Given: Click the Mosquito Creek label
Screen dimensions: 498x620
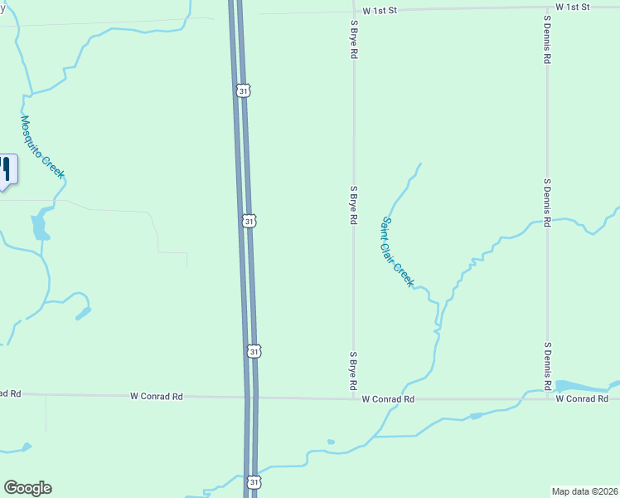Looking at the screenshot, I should click(x=42, y=147).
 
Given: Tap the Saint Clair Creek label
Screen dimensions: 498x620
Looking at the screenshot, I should click(x=397, y=252).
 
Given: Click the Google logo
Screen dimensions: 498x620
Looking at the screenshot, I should click(x=27, y=488).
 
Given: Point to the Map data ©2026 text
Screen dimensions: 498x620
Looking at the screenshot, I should click(x=584, y=491).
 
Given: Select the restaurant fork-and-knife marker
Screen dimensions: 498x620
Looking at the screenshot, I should click(x=5, y=169).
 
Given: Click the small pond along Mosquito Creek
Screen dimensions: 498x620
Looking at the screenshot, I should click(x=39, y=225).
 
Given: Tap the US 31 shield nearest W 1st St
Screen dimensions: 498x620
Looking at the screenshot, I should click(x=242, y=90).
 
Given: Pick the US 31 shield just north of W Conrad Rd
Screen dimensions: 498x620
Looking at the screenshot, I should click(x=254, y=352).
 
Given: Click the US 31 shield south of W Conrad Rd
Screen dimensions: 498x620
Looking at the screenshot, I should click(x=253, y=481).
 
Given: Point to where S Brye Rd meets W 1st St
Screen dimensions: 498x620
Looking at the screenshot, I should click(x=354, y=10).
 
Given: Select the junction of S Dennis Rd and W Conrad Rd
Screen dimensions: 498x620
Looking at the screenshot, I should click(x=548, y=399).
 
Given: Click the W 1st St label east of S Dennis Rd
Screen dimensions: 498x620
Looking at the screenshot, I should click(x=572, y=7).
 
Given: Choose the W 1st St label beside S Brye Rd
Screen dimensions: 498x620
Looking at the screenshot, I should click(x=380, y=9).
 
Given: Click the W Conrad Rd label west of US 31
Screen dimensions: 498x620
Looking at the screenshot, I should click(x=156, y=397).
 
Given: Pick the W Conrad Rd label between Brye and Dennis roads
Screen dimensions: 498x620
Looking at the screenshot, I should click(x=388, y=399).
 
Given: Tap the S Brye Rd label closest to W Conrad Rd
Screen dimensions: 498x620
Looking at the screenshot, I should click(x=353, y=371).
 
